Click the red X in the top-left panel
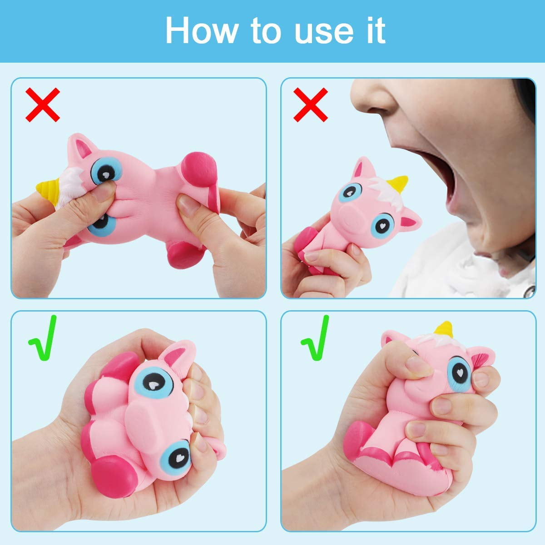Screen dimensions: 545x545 click(x=43, y=105)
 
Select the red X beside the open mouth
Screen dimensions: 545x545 click(x=311, y=105)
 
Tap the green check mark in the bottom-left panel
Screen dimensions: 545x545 click(x=43, y=338)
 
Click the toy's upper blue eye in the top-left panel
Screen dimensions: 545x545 click(x=105, y=170)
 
